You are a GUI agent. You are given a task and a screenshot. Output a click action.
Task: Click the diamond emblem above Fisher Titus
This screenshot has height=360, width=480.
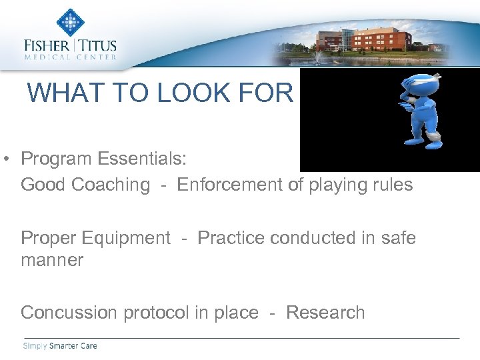pyautogui.click(x=70, y=21)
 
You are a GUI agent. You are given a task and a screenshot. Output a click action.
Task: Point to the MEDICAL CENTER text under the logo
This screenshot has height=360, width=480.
pyautogui.click(x=70, y=57)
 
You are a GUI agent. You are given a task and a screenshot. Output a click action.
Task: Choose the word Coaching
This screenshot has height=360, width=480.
pyautogui.click(x=112, y=185)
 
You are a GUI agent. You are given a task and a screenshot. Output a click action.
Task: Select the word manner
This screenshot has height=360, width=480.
pyautogui.click(x=52, y=260)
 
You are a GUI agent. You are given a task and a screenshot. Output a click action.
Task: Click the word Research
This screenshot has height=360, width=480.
pyautogui.click(x=325, y=313)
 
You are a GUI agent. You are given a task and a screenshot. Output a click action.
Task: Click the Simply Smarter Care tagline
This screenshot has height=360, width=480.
pyautogui.click(x=59, y=346)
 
